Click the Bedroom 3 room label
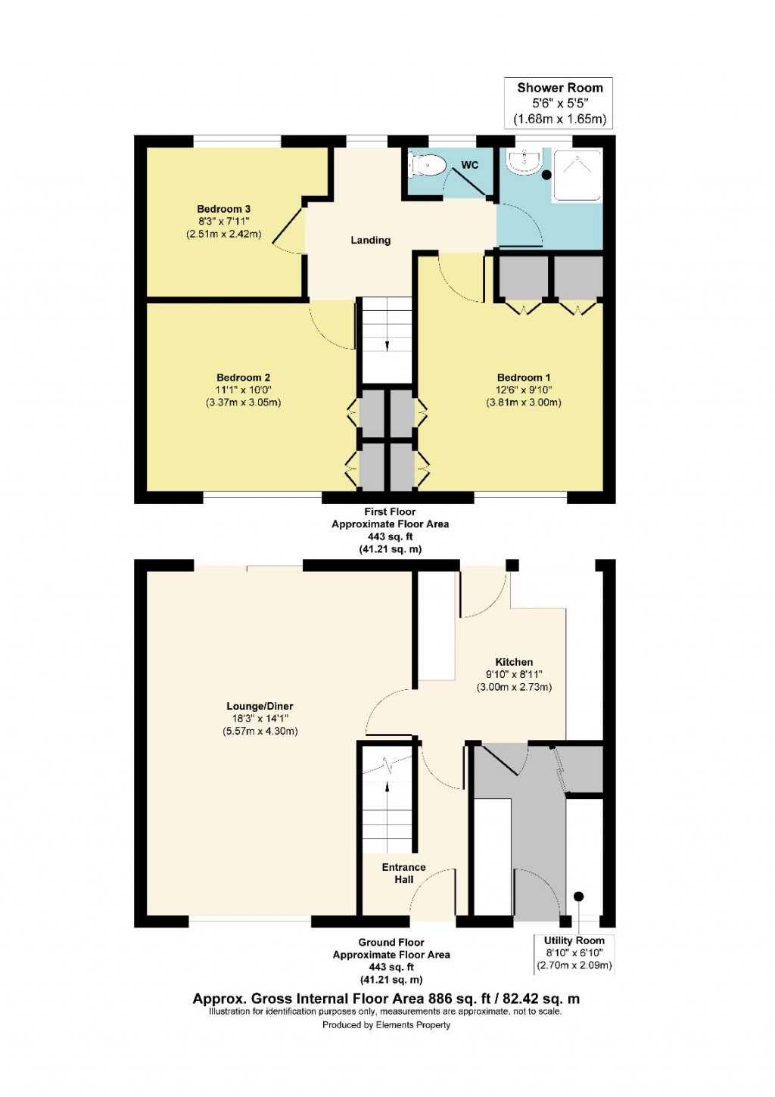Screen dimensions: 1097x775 tap(223, 209)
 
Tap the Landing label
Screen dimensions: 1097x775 tap(370, 240)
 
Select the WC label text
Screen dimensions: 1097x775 tap(469, 165)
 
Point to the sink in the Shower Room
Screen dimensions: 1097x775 tap(523, 161)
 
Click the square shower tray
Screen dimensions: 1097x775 tap(577, 176)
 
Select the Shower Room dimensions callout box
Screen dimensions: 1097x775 tap(559, 103)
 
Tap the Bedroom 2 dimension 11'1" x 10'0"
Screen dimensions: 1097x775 tap(243, 390)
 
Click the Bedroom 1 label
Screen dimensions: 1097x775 tap(524, 378)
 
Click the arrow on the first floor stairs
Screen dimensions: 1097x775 tap(387, 344)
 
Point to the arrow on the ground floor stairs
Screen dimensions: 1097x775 tap(387, 787)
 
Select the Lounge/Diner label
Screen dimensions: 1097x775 tap(260, 706)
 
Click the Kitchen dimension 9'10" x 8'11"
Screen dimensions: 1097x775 tap(514, 675)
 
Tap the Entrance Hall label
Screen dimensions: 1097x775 tap(403, 873)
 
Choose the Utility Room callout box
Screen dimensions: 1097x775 tap(574, 953)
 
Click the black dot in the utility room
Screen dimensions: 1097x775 tap(579, 897)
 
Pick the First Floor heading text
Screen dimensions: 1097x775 tap(390, 511)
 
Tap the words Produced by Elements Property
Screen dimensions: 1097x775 tap(386, 1025)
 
